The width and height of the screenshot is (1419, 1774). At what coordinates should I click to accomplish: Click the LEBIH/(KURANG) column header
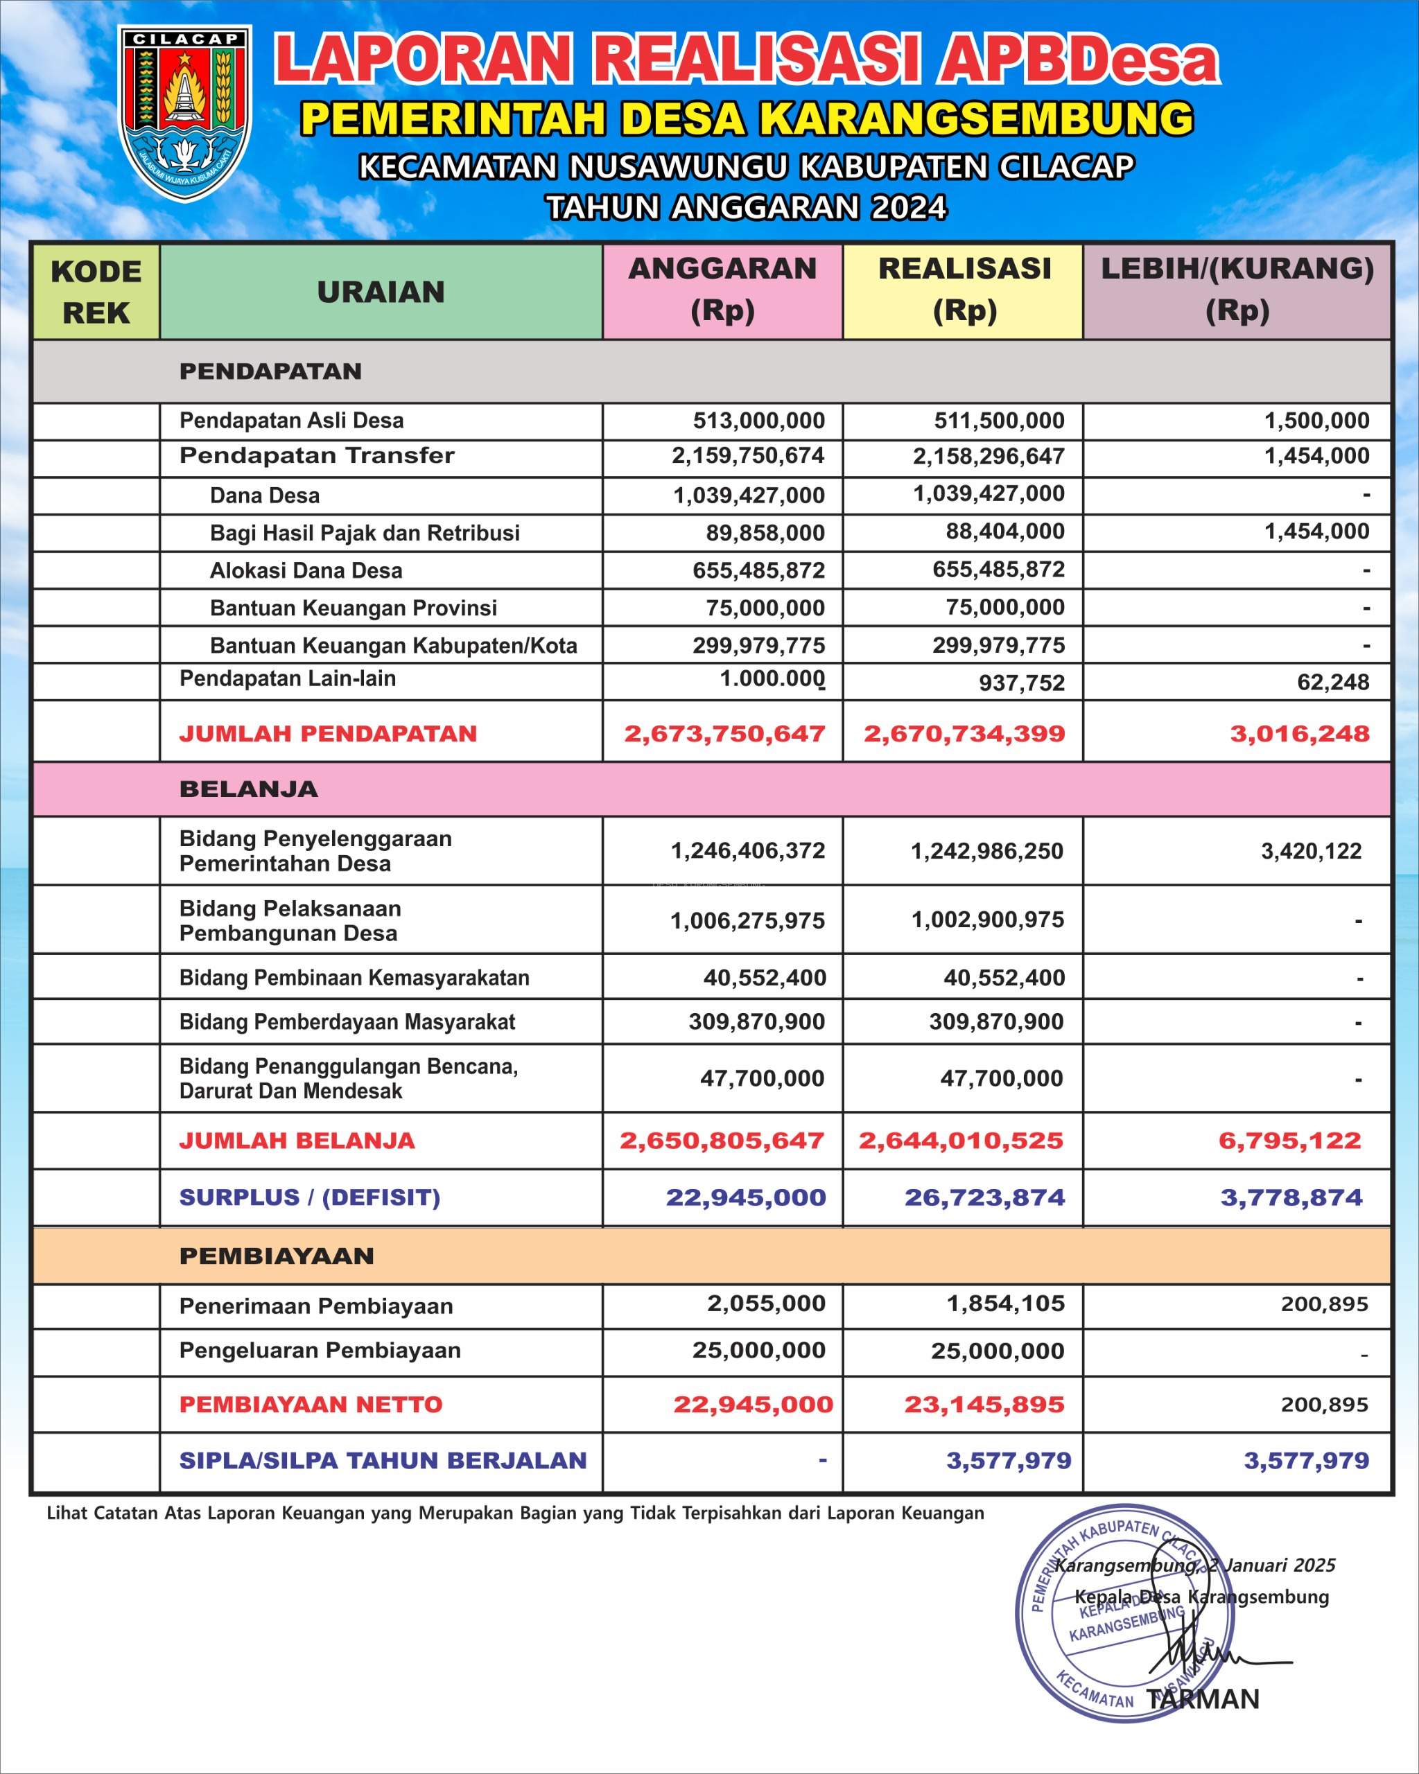[1237, 290]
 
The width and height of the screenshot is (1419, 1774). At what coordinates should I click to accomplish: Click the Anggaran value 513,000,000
[758, 421]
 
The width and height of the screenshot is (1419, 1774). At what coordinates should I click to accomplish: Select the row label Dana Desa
[264, 495]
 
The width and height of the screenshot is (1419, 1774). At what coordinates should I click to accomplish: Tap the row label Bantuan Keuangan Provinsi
[353, 608]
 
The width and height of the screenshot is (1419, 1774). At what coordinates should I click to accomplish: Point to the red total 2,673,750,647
[724, 733]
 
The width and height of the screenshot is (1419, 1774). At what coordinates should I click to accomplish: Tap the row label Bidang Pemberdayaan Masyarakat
[347, 1022]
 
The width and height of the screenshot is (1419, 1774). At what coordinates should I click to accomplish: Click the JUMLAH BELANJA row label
[297, 1141]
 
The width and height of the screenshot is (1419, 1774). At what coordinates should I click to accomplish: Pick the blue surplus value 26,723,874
[984, 1197]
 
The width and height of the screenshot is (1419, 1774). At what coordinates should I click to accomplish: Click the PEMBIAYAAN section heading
[277, 1256]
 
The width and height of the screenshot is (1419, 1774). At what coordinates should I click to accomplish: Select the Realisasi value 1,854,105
[1005, 1303]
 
